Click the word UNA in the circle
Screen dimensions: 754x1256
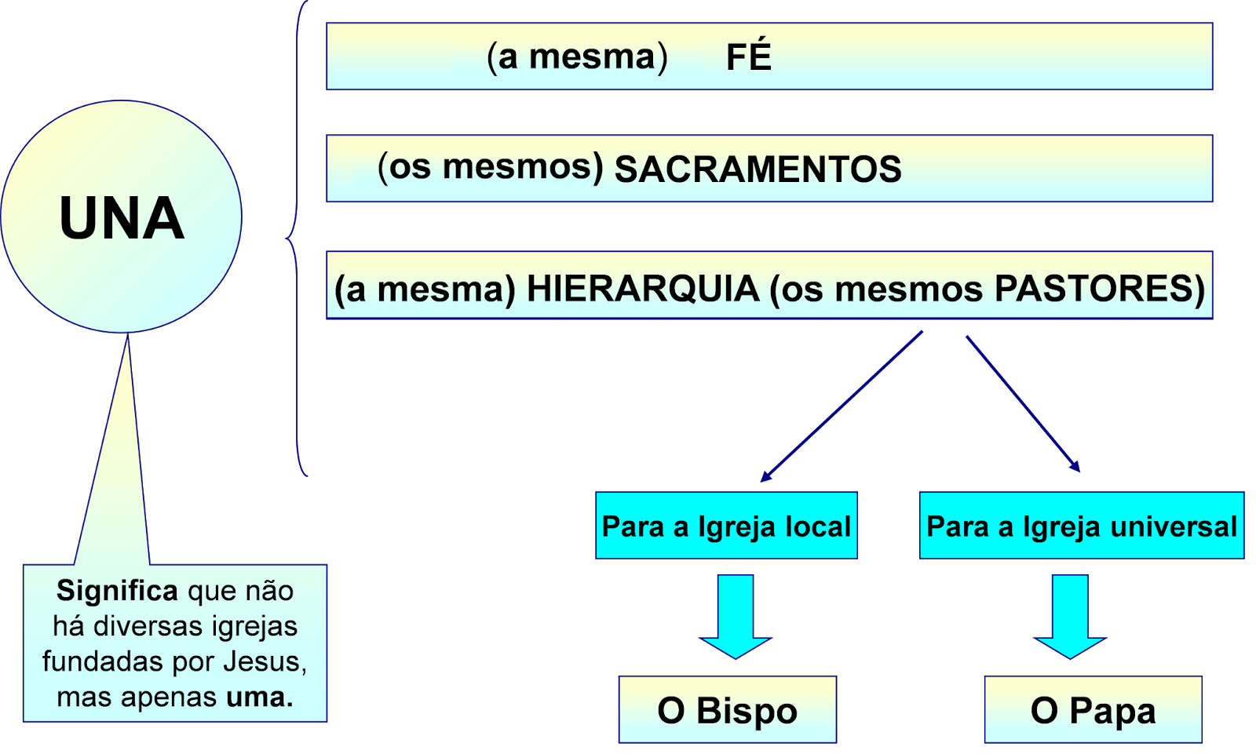click(122, 218)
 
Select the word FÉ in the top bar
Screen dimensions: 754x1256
click(748, 56)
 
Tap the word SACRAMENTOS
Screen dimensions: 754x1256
click(758, 169)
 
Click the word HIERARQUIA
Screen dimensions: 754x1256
click(642, 289)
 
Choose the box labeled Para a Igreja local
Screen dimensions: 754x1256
click(726, 526)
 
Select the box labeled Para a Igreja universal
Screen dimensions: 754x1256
click(1081, 526)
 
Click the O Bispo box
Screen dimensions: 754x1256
click(727, 710)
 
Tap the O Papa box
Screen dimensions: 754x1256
click(1093, 710)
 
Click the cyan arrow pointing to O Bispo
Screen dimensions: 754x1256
click(736, 616)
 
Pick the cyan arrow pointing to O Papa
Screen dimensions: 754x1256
click(1070, 616)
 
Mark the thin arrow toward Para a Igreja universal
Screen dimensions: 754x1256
click(1022, 402)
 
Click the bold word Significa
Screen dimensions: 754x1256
click(117, 590)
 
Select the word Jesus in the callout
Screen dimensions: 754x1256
click(265, 661)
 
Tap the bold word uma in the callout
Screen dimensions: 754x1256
click(259, 697)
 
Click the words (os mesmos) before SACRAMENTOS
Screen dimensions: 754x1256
click(490, 167)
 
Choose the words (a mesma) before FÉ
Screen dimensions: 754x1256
click(577, 56)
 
